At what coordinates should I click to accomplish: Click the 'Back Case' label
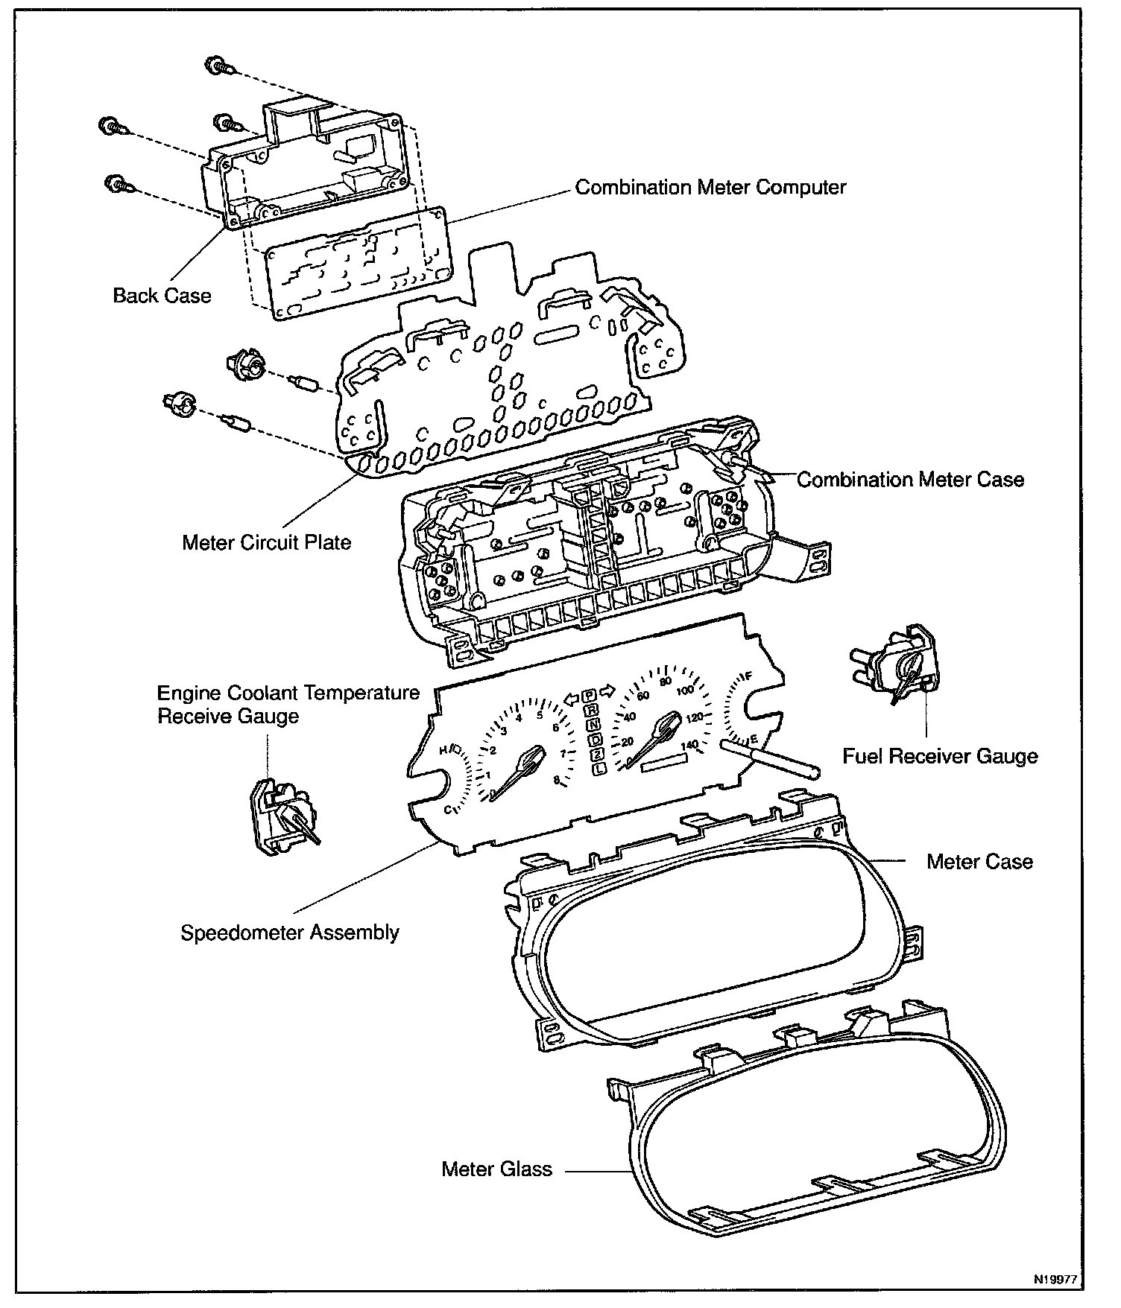pos(162,296)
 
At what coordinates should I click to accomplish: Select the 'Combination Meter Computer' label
pos(710,187)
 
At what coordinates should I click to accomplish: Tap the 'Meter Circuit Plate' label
pos(266,542)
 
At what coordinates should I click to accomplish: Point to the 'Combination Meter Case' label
pos(910,480)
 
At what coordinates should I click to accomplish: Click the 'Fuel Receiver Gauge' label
pos(940,757)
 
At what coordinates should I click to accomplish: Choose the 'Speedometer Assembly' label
pos(290,933)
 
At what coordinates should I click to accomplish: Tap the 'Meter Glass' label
pos(496,1169)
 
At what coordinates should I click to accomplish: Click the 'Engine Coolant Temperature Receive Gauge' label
pos(288,705)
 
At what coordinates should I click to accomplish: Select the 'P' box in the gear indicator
pos(590,694)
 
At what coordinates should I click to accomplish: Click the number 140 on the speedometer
pos(690,745)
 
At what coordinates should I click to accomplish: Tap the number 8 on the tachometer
pos(557,781)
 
